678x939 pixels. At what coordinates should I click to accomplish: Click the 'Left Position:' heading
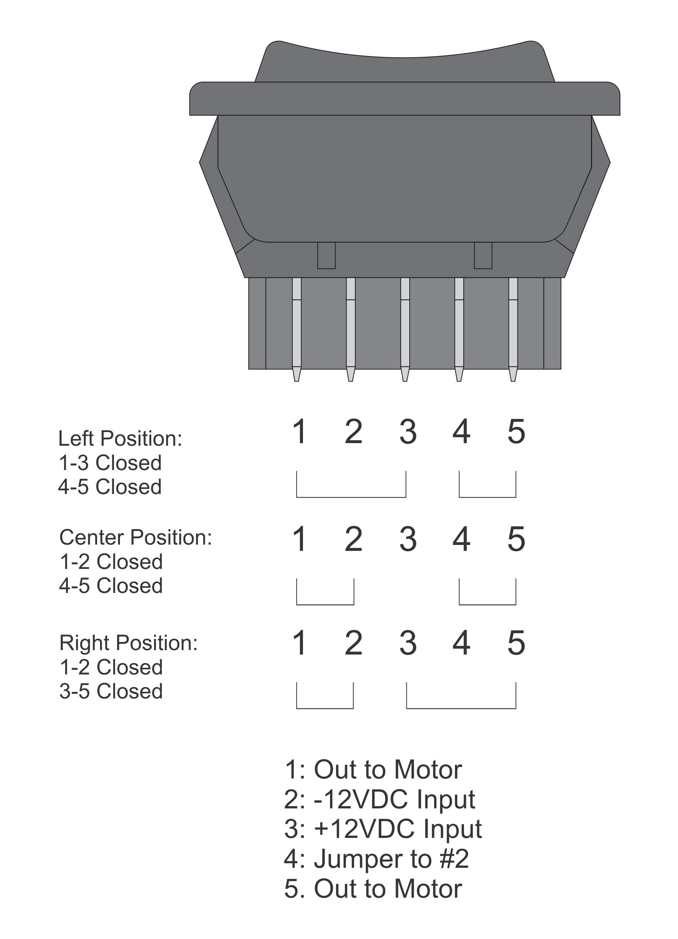tap(120, 438)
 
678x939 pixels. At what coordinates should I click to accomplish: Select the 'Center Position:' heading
tap(135, 538)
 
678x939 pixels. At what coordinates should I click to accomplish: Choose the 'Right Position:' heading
tap(128, 643)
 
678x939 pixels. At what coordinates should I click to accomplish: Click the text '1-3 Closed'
tap(110, 463)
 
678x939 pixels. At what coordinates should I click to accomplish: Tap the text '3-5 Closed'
tap(111, 691)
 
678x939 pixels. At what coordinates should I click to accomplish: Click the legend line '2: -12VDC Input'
tap(379, 800)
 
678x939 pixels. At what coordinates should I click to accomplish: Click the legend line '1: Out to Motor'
tap(373, 770)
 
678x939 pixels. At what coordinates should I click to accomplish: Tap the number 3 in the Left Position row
tap(408, 432)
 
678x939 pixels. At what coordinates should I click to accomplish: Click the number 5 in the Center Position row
tap(516, 539)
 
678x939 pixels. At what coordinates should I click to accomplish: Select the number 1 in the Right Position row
tap(299, 643)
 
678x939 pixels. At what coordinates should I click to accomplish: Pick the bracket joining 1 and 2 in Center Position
tap(325, 604)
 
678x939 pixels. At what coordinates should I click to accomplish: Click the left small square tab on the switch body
tap(326, 255)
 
